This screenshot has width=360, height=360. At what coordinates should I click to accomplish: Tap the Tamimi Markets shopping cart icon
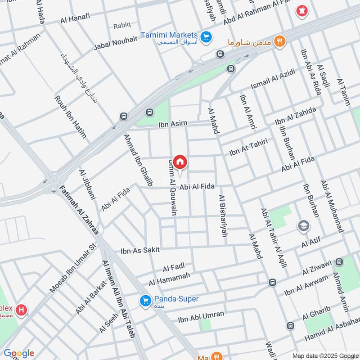tap(207, 36)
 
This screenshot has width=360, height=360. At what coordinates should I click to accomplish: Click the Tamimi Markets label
tap(169, 35)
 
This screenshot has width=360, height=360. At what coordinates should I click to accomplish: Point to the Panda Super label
tap(176, 299)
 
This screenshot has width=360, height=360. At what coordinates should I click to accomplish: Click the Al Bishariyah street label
tap(222, 216)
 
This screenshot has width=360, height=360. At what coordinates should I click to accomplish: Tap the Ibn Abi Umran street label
tap(201, 317)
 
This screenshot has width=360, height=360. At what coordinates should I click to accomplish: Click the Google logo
tap(18, 353)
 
